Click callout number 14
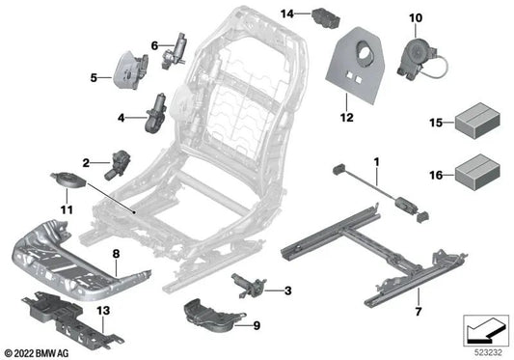coord(287,13)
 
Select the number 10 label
coord(416,18)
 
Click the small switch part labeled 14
coord(322,16)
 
